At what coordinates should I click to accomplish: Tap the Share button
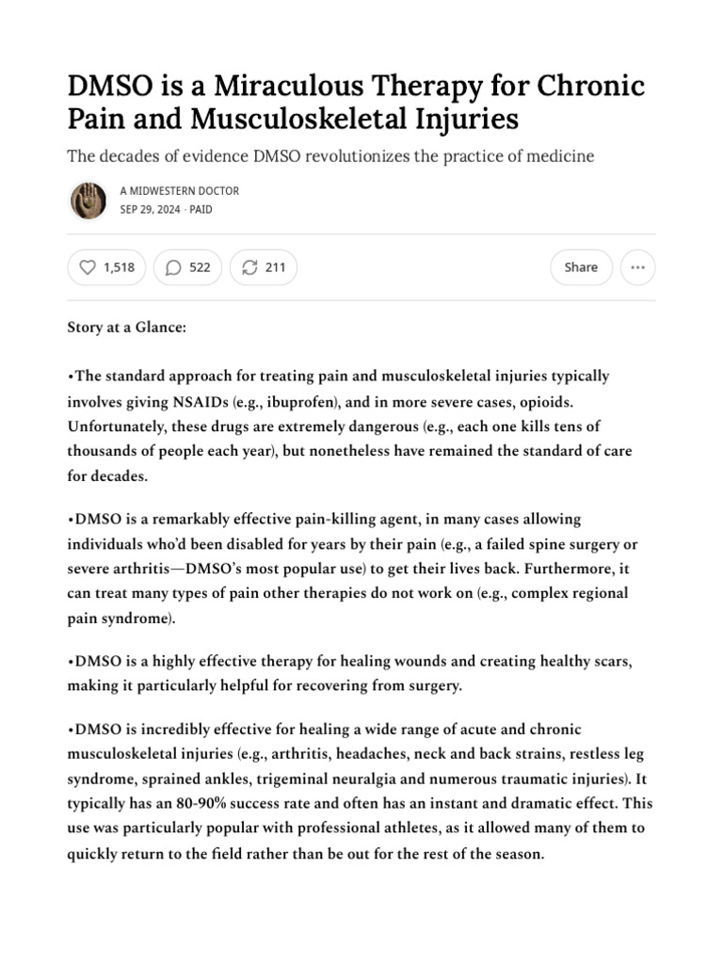(581, 267)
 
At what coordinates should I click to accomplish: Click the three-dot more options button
(638, 267)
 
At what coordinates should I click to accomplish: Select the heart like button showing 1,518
(102, 267)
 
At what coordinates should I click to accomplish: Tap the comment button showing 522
(187, 267)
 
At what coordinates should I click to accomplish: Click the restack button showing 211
(264, 267)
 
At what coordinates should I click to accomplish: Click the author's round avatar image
(88, 200)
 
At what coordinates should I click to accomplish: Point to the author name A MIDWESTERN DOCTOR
(180, 191)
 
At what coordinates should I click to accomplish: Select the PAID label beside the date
(201, 209)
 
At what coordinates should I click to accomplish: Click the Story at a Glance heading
(127, 327)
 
